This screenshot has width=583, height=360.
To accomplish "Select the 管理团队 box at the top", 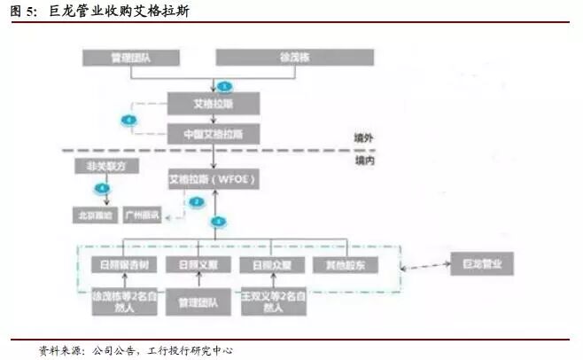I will (x=131, y=58).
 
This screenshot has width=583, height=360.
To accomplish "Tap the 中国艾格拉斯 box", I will (x=214, y=134).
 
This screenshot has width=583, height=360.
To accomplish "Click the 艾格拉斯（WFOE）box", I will (x=214, y=179).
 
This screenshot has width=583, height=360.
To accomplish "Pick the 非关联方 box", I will (x=99, y=166).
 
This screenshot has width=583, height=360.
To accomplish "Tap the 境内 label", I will (x=366, y=160).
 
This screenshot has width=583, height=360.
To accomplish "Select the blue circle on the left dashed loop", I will (x=128, y=119).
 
